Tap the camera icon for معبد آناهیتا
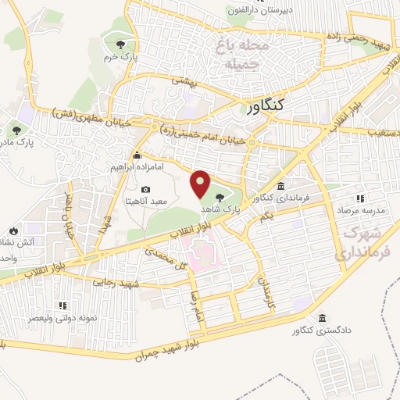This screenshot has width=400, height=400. [x=146, y=189]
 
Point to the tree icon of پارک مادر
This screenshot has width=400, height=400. [x=16, y=130]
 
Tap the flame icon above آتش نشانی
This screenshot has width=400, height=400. [x=13, y=230]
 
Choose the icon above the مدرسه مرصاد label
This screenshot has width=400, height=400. [x=360, y=198]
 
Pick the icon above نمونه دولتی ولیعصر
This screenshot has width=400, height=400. [x=63, y=305]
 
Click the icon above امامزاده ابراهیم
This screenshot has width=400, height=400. [x=137, y=154]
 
